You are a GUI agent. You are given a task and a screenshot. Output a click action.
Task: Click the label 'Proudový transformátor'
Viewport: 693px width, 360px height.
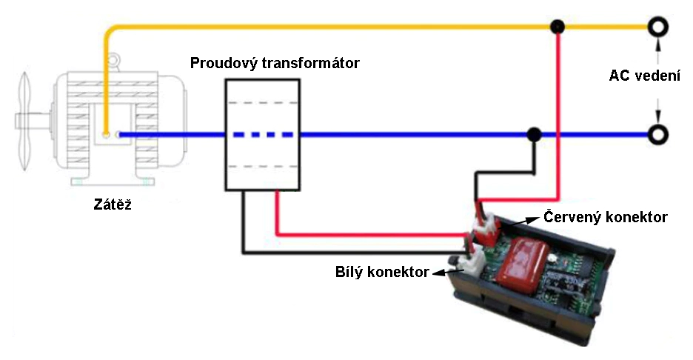pyautogui.click(x=275, y=63)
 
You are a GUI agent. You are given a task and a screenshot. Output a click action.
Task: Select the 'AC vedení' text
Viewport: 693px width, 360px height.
pyautogui.click(x=645, y=76)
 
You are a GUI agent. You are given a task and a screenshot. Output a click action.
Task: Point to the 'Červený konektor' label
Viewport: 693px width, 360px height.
pyautogui.click(x=606, y=217)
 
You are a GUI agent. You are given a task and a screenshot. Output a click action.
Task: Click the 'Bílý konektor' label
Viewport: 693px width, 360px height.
pyautogui.click(x=382, y=272)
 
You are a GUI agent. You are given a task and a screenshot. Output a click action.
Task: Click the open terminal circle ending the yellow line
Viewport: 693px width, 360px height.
pyautogui.click(x=656, y=27)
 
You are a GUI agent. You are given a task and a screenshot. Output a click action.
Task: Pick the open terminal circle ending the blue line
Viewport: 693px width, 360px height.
pyautogui.click(x=656, y=135)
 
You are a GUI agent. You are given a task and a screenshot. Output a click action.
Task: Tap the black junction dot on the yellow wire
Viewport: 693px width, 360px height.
pyautogui.click(x=558, y=27)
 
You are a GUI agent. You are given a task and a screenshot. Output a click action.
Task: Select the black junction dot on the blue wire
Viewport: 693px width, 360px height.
pyautogui.click(x=532, y=135)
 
